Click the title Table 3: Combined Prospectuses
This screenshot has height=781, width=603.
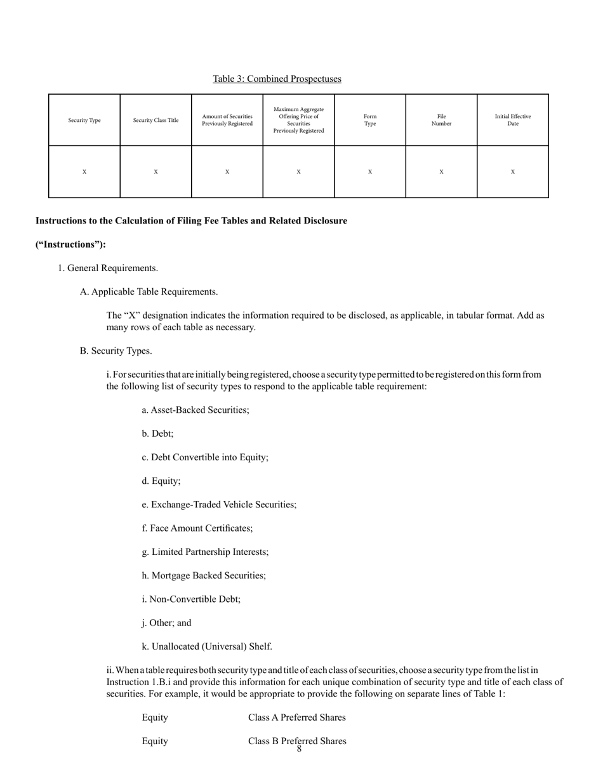coord(277,79)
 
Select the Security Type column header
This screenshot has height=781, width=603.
coord(84,120)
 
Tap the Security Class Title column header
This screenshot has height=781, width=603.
coord(156,120)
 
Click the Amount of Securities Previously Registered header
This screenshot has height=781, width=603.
coord(227,120)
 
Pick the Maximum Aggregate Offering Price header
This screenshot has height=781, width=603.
coord(298,120)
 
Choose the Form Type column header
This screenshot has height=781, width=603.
coord(370,120)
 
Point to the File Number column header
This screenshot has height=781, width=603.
coord(441,120)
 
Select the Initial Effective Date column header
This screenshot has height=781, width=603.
coord(513,120)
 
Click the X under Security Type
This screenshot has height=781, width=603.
coord(84,172)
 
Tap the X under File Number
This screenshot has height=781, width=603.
coord(441,172)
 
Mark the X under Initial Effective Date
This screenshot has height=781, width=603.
coord(513,172)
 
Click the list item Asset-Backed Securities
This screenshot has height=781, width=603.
coord(195,410)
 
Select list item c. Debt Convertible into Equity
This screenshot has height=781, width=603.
coord(205,457)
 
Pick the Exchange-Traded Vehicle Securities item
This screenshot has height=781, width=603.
coord(219,505)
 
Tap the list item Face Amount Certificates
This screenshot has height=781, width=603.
coord(197,528)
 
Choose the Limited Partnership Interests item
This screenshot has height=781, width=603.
coord(205,552)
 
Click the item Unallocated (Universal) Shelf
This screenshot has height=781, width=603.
coord(207,646)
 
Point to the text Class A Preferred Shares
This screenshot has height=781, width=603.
coord(297,718)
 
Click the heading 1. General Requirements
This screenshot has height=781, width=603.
coord(108,268)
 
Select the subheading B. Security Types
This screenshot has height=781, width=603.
coord(116,351)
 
